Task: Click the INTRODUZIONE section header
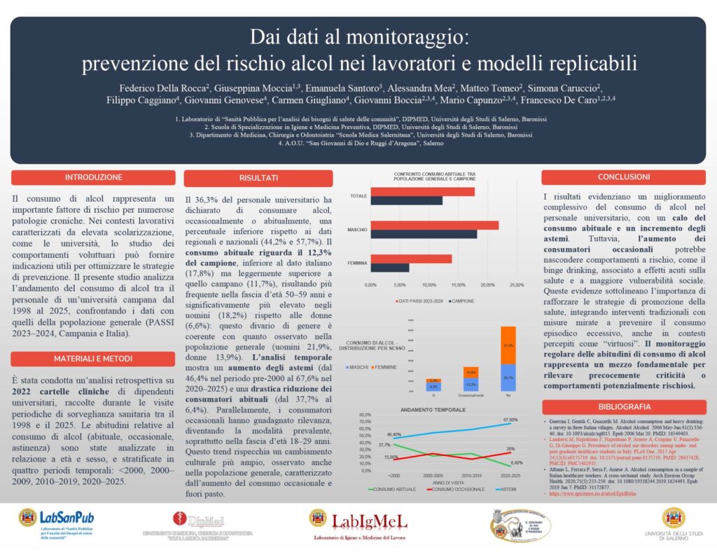[x=93, y=178]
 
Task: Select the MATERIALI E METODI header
[x=93, y=359]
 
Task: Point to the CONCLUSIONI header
[x=618, y=178]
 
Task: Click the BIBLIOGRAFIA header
[x=618, y=406]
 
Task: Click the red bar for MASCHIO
[x=434, y=225]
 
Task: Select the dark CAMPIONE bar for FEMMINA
[x=389, y=268]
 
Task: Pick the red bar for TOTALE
[x=422, y=191]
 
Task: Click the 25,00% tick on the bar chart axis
[x=516, y=285]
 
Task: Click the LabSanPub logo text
[x=67, y=517]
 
